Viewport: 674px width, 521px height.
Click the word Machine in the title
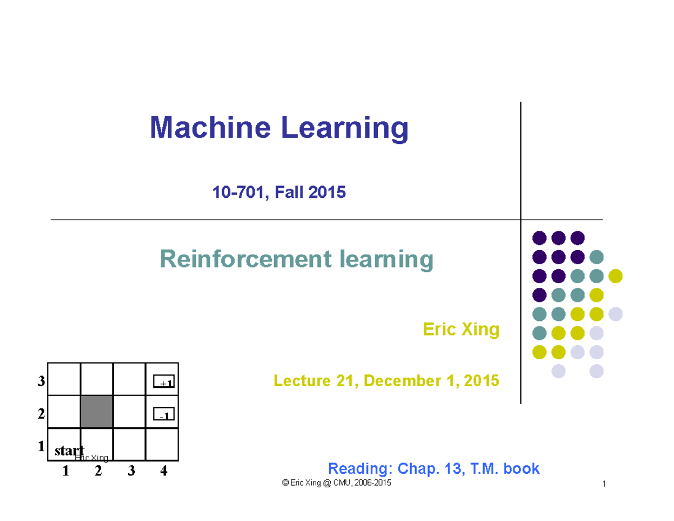coord(210,128)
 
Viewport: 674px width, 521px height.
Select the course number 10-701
coord(239,192)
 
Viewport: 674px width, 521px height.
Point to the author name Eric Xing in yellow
coord(461,329)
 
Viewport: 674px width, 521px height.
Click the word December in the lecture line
coord(402,380)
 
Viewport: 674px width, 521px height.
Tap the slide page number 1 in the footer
coord(604,484)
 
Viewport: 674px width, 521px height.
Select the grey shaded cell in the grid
coord(97,411)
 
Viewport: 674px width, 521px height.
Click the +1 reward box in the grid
coord(164,382)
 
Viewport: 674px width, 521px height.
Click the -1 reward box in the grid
coord(164,414)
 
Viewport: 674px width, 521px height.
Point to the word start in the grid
coord(70,451)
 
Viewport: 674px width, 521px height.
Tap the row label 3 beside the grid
coord(41,381)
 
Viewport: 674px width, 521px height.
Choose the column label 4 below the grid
coord(164,471)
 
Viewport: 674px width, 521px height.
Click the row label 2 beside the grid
coord(41,414)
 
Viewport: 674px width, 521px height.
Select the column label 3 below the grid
coord(131,471)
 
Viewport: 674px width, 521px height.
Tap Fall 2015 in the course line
coord(310,192)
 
